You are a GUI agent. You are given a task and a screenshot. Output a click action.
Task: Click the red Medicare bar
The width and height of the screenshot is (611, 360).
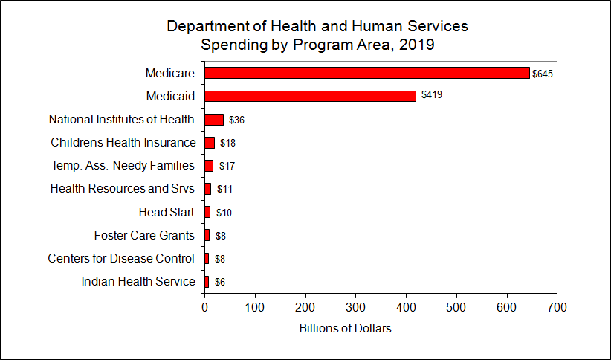pyautogui.click(x=367, y=73)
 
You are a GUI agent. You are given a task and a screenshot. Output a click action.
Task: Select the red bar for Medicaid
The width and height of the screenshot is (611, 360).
pyautogui.click(x=310, y=96)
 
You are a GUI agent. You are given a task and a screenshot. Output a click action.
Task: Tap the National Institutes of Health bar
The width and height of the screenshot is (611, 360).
pyautogui.click(x=214, y=120)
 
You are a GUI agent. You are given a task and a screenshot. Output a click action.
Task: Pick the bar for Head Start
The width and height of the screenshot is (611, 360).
pyautogui.click(x=207, y=212)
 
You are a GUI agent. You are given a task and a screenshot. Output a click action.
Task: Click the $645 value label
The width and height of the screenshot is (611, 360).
pyautogui.click(x=543, y=74)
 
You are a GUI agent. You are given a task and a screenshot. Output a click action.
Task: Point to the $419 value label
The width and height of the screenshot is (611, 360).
pyautogui.click(x=432, y=95)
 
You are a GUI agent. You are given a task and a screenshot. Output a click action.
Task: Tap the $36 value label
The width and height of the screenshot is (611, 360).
pyautogui.click(x=236, y=120)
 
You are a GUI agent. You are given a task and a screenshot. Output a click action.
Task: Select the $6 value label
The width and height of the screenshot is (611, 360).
pyautogui.click(x=220, y=282)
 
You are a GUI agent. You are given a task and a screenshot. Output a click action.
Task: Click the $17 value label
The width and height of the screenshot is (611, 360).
pyautogui.click(x=227, y=166)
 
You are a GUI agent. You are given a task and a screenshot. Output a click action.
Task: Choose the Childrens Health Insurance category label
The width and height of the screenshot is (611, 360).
pyautogui.click(x=123, y=142)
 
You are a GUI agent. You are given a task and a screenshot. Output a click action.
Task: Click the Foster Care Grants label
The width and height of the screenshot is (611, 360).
pyautogui.click(x=144, y=235)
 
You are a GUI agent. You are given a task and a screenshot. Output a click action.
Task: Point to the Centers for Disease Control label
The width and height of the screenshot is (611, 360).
pyautogui.click(x=121, y=258)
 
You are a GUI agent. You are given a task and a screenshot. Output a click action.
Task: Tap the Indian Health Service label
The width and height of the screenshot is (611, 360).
pyautogui.click(x=138, y=281)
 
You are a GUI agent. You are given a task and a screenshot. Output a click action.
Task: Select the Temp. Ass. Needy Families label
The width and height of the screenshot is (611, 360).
pyautogui.click(x=123, y=165)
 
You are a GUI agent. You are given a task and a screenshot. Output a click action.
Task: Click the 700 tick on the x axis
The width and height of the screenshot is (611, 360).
pyautogui.click(x=557, y=307)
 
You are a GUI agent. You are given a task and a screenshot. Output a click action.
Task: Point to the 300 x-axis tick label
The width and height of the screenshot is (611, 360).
pyautogui.click(x=356, y=307)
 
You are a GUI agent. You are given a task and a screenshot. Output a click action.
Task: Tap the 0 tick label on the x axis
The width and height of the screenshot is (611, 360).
pyautogui.click(x=205, y=307)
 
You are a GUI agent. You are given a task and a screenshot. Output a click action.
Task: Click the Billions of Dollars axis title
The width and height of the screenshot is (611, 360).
pyautogui.click(x=345, y=329)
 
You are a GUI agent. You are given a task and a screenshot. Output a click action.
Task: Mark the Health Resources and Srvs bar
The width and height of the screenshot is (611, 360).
pyautogui.click(x=207, y=189)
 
